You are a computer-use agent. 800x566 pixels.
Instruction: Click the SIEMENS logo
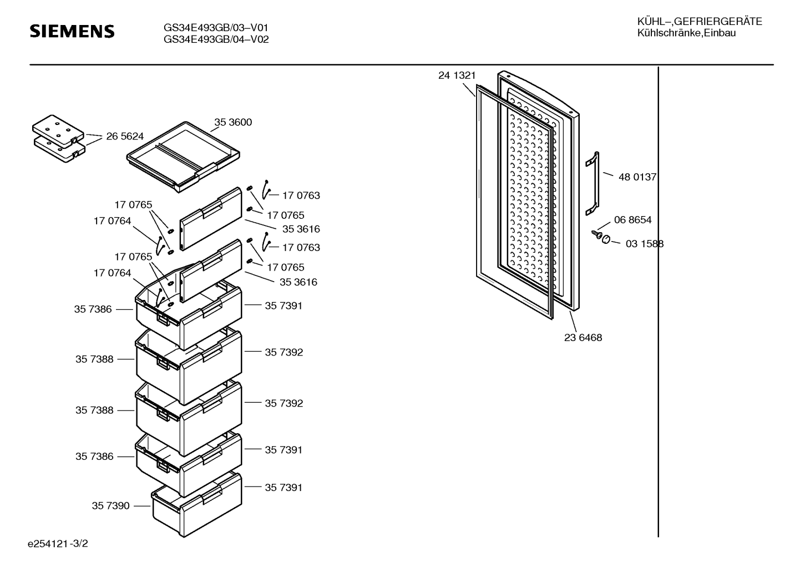(72, 31)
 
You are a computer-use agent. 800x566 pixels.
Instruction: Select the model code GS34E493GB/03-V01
(216, 28)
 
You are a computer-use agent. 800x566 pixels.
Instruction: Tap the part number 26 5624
(125, 136)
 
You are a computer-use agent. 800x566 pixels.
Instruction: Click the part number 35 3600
(233, 122)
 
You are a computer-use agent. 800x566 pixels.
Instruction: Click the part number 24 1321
(457, 76)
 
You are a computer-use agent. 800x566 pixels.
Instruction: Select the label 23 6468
(583, 338)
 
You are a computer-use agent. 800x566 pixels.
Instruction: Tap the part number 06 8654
(632, 220)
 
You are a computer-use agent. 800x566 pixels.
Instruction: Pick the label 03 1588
(644, 244)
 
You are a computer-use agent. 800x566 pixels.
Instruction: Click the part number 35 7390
(110, 506)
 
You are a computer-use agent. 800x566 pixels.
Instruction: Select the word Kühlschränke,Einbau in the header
(686, 33)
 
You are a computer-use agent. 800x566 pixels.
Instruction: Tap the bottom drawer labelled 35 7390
(197, 505)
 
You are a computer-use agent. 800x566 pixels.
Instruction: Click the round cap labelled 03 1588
(606, 239)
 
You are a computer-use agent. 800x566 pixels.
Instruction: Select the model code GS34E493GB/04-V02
(216, 39)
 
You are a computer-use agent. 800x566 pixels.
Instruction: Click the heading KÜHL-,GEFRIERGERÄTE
(699, 22)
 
